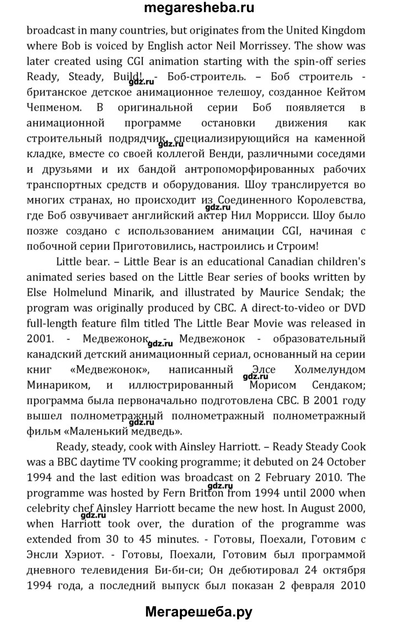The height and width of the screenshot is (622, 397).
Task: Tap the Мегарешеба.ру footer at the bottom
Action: (198, 608)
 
